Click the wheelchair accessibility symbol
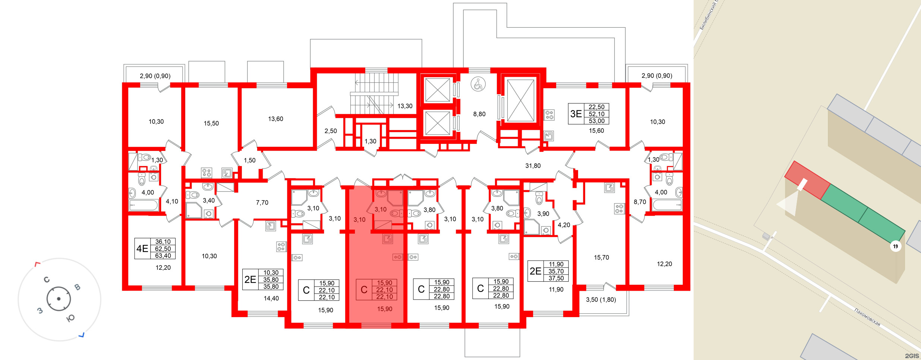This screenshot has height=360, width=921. click(478, 84)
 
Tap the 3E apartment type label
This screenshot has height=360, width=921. click(576, 114)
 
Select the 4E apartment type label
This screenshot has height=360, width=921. click(142, 249)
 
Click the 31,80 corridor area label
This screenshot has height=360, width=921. click(533, 166)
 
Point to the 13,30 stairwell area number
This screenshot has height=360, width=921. click(405, 106)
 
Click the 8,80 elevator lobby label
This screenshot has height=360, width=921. click(479, 114)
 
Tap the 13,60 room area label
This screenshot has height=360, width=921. click(275, 119)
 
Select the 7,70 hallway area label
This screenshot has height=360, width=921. click(262, 203)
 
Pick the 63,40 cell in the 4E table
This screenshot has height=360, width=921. click(163, 256)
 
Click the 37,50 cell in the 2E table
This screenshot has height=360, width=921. click(556, 278)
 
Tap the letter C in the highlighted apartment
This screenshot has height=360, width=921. click(364, 290)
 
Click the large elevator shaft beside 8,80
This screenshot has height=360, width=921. click(520, 100)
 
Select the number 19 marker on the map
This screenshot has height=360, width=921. click(895, 246)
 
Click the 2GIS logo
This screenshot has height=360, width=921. click(912, 356)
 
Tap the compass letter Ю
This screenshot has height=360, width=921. click(70, 318)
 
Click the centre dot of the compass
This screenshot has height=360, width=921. click(59, 299)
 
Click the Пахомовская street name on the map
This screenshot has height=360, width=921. click(867, 317)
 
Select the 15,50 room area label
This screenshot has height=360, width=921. click(211, 123)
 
